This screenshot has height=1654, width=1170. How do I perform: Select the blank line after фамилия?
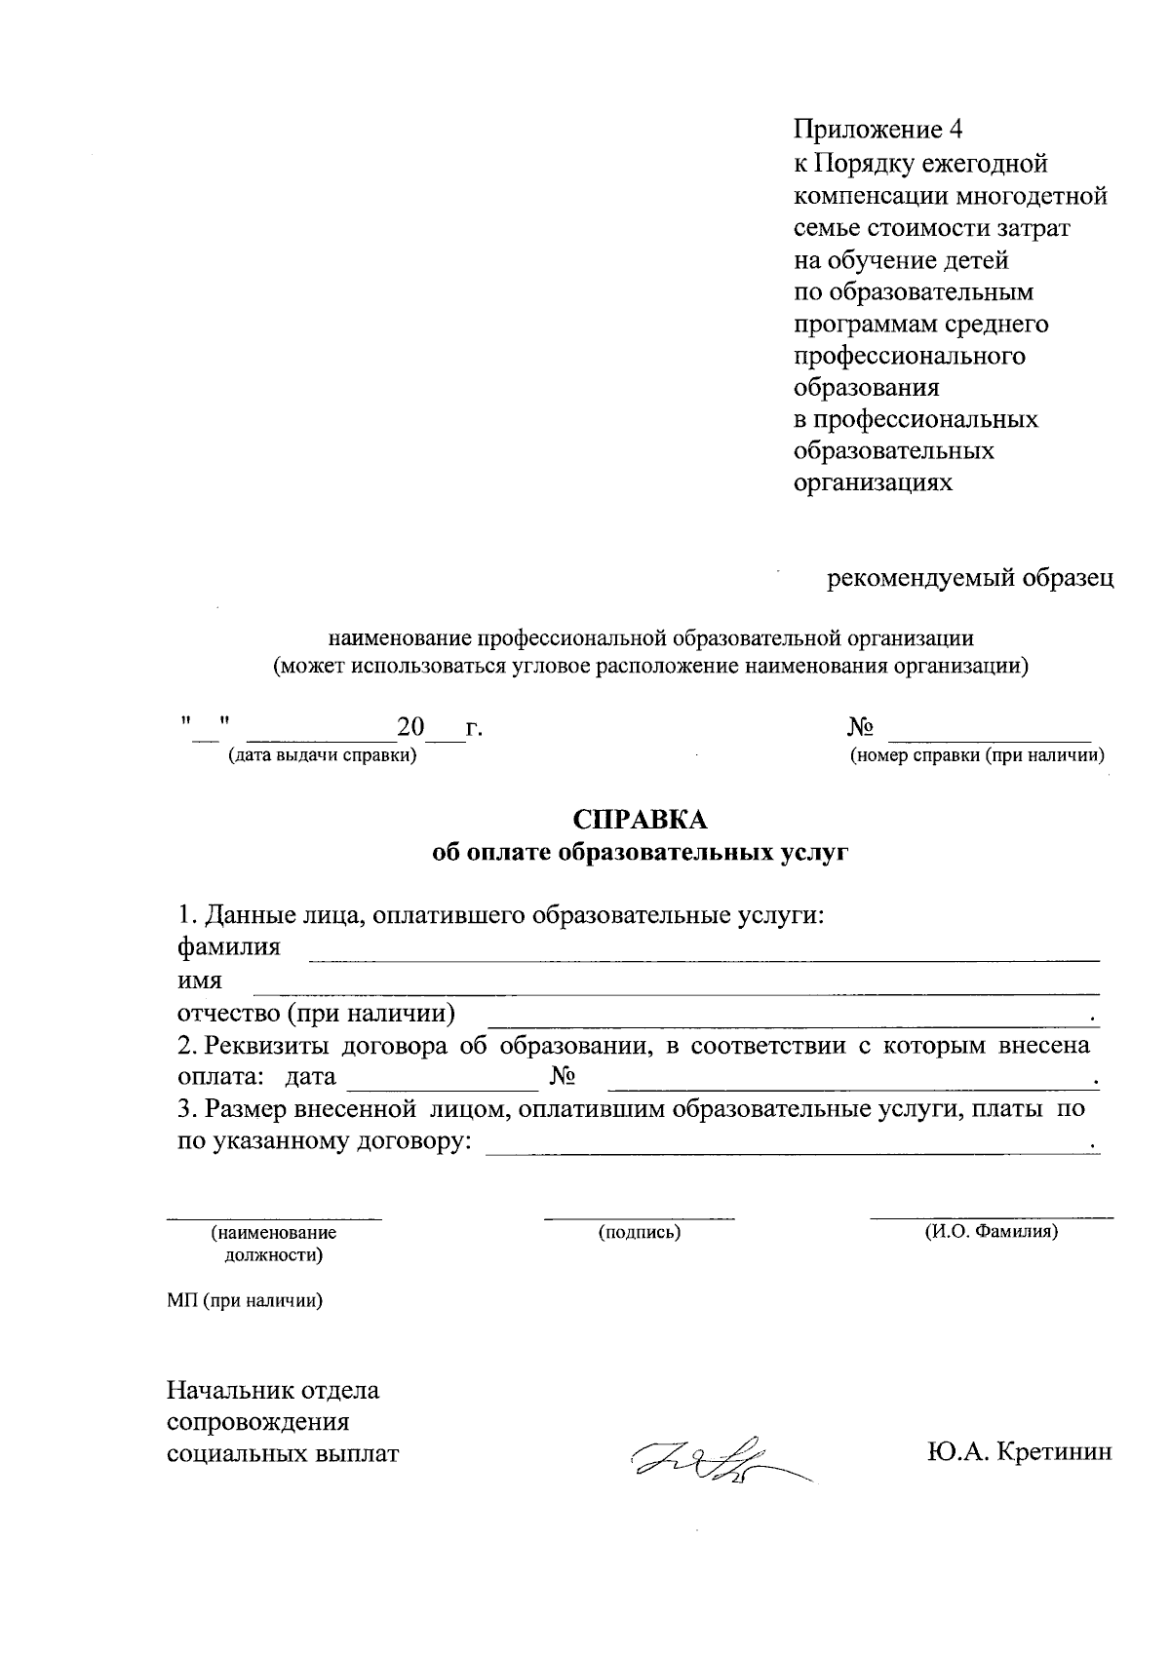pos(704,960)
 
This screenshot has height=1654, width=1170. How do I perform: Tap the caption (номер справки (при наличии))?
pos(977,755)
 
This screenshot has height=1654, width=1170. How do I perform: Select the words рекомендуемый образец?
pos(970,579)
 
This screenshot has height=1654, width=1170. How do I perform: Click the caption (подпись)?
pos(639,1233)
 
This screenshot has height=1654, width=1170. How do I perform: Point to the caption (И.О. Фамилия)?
pos(991,1232)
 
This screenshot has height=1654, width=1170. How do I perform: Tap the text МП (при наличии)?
pos(245,1300)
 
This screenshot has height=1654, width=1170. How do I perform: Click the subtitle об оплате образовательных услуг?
pos(641,853)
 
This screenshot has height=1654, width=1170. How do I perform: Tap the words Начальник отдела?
pos(273,1390)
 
